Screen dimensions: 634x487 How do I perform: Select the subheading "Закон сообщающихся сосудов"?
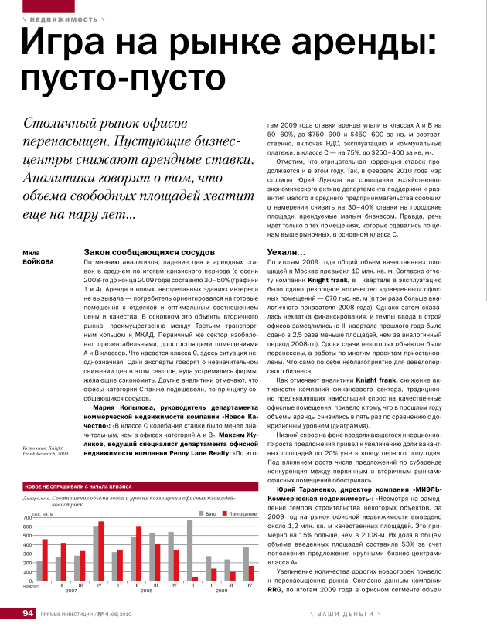coord(144,253)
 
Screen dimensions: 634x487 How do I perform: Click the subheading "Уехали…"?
coord(286,253)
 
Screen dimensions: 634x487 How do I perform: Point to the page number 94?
coord(29,614)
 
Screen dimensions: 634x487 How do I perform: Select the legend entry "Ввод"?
coord(207,513)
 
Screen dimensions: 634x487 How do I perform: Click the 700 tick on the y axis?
coord(27,517)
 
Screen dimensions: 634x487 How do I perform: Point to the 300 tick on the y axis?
coord(27,554)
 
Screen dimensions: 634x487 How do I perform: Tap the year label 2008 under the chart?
coord(146,591)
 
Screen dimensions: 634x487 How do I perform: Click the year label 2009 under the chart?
coord(221,591)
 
